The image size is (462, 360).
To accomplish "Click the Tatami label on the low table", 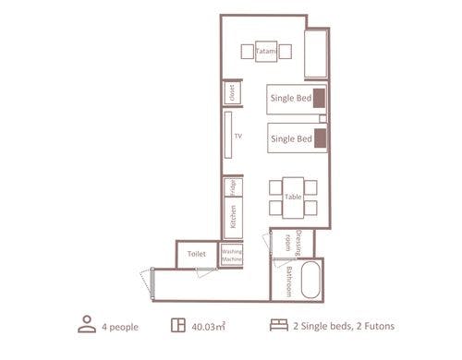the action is pyautogui.click(x=266, y=51).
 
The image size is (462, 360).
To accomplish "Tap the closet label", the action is pyautogui.click(x=232, y=92).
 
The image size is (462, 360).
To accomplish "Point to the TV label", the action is pyautogui.click(x=238, y=136).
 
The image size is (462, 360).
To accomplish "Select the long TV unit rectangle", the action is pyautogui.click(x=228, y=135).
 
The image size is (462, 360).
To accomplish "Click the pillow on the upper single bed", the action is pyautogui.click(x=320, y=98).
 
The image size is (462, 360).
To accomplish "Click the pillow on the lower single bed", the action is pyautogui.click(x=321, y=138).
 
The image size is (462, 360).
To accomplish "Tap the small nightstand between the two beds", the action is pyautogui.click(x=322, y=118).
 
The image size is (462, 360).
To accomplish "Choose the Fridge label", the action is pyautogui.click(x=233, y=187).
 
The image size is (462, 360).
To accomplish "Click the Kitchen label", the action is pyautogui.click(x=233, y=217).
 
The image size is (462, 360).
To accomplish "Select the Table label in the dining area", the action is pyautogui.click(x=293, y=197).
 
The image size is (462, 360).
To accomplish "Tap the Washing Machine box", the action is pyautogui.click(x=232, y=255).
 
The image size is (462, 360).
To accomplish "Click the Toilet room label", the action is pyautogui.click(x=197, y=254).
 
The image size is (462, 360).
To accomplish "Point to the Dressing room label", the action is pyautogui.click(x=293, y=243).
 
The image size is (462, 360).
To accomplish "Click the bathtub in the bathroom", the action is pyautogui.click(x=310, y=280).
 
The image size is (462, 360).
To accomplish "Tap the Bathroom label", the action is pyautogui.click(x=289, y=282).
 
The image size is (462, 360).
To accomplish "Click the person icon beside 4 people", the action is pyautogui.click(x=87, y=324).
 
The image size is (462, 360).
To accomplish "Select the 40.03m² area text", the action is pyautogui.click(x=208, y=326).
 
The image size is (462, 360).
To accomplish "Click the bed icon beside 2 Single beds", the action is pyautogui.click(x=279, y=325).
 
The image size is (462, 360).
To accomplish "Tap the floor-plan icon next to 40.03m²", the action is pyautogui.click(x=178, y=325).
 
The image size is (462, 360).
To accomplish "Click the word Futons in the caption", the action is pyautogui.click(x=380, y=326).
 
